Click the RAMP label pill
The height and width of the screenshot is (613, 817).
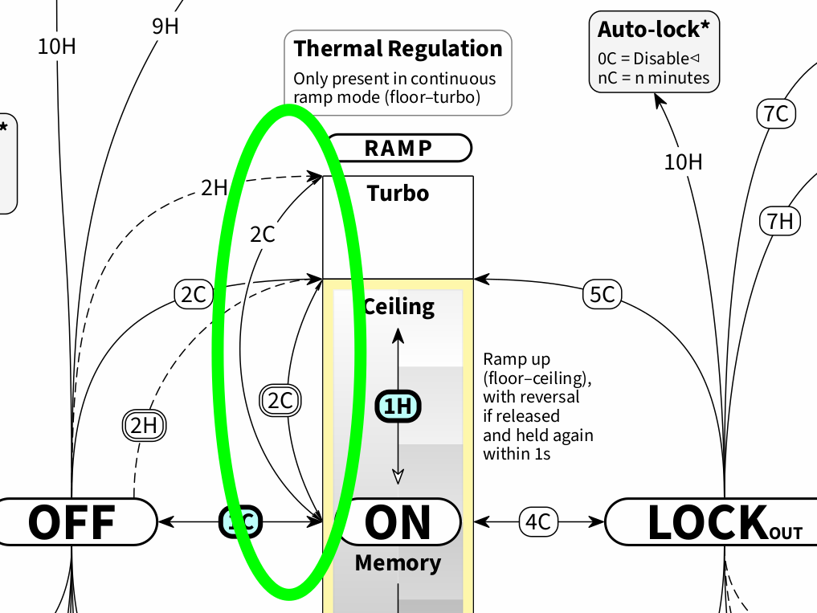pos(398,148)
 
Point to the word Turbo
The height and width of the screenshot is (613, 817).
pos(398,194)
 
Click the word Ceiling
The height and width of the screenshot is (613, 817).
pos(399,306)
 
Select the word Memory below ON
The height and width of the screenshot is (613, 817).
pos(398,562)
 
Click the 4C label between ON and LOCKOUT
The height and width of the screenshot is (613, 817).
pos(537,521)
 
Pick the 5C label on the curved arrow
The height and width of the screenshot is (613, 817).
pos(602,295)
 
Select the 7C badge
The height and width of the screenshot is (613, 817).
pos(776,114)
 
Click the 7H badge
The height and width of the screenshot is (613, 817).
pos(780,220)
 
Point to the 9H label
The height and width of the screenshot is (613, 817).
pos(165,26)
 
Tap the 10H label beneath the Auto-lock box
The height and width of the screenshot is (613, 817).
pos(683,162)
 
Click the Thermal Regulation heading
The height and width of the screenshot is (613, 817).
pos(398,49)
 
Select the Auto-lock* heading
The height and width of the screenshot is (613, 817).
pos(654,30)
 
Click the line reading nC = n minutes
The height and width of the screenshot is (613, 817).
pos(653,78)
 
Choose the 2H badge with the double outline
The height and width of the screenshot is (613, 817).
pos(143,425)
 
